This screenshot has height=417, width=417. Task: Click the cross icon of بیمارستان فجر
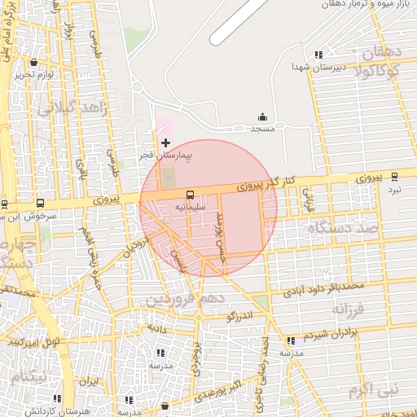(166, 143)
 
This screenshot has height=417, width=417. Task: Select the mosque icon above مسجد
(262, 117)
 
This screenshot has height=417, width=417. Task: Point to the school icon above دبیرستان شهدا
(318, 55)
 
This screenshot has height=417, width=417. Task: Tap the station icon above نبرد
(395, 176)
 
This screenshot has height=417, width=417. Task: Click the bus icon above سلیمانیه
(190, 195)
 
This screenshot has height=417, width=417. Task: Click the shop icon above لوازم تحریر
(33, 63)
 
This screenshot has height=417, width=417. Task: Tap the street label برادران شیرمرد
(331, 335)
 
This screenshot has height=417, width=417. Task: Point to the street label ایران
(88, 380)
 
